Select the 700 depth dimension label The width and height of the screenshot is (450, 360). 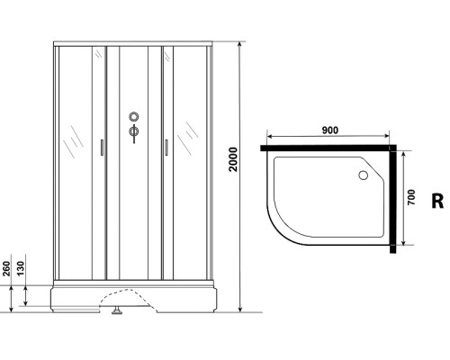[411, 198]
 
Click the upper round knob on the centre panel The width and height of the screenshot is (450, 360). [134, 117]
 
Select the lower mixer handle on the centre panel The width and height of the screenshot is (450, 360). [134, 134]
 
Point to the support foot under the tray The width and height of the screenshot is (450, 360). [116, 314]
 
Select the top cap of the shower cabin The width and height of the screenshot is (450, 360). [134, 43]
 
